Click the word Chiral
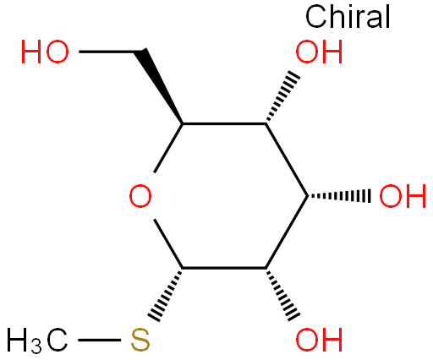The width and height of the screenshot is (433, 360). (x=348, y=17)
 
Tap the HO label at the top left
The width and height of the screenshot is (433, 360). (x=45, y=52)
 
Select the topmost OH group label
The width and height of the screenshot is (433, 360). (x=319, y=52)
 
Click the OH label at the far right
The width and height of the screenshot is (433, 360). (x=403, y=196)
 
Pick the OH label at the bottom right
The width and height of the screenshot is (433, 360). (x=319, y=340)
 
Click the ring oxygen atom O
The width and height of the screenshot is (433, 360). (x=140, y=196)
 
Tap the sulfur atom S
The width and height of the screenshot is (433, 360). (x=140, y=340)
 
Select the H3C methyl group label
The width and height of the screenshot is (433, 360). (x=37, y=341)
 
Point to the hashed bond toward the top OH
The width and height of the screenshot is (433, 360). (x=282, y=95)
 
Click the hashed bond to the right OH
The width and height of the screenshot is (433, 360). (x=339, y=196)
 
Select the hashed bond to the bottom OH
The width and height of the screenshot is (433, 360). (x=282, y=294)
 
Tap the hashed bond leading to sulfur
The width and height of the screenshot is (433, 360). (x=165, y=294)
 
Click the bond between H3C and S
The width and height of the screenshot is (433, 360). (x=100, y=340)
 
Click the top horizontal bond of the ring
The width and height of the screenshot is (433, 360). (x=224, y=123)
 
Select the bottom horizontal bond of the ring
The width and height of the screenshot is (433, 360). (x=224, y=268)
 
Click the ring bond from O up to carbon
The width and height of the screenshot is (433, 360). (x=168, y=148)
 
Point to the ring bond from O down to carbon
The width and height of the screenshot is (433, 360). (x=168, y=243)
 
